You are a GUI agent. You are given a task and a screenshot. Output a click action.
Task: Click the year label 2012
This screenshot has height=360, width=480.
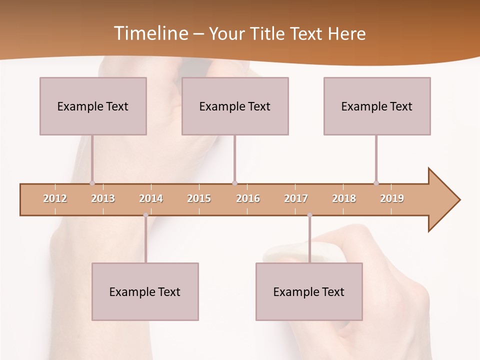click(55, 198)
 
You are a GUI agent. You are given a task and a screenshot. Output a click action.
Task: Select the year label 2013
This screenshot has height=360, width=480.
click(103, 198)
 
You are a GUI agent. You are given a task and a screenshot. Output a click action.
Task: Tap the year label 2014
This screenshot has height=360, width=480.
click(151, 198)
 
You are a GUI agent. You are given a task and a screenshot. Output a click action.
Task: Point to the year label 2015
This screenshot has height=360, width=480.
click(199, 198)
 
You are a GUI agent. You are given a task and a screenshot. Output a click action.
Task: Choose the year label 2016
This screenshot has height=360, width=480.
click(248, 198)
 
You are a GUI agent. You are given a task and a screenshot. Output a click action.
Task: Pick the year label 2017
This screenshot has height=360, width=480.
click(296, 198)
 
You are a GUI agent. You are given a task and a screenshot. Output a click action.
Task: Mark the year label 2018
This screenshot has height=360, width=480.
click(344, 198)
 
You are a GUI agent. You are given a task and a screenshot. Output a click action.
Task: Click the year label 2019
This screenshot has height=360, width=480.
click(392, 198)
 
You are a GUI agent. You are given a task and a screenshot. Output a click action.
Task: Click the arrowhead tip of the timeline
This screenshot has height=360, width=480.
click(459, 200)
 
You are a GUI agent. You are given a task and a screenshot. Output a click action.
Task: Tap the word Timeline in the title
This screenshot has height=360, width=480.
click(150, 33)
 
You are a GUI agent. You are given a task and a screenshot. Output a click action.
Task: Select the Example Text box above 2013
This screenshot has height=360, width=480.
click(93, 106)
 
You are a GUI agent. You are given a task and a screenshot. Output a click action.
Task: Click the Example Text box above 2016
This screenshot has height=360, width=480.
click(235, 106)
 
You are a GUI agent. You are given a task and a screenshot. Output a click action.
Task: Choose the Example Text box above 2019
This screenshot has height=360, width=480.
click(377, 106)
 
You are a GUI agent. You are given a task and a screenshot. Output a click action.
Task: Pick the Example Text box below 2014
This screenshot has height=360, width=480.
click(145, 291)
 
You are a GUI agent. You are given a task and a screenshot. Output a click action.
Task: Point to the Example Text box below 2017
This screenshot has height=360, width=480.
click(309, 291)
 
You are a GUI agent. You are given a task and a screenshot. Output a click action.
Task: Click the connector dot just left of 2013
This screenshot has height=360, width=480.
click(92, 183)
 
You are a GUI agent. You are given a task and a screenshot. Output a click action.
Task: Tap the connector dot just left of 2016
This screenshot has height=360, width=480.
click(235, 183)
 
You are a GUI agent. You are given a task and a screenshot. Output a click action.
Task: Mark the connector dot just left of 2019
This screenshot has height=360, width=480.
click(376, 183)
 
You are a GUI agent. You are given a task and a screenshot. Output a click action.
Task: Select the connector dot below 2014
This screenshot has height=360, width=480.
click(145, 215)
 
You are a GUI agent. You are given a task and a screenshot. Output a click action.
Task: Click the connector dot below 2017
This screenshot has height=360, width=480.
click(309, 215)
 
